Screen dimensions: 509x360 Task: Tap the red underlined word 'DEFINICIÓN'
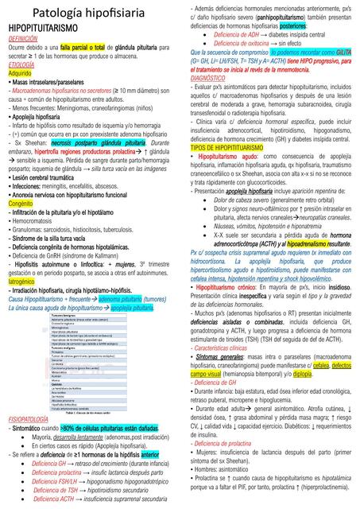pyautogui.click(x=23, y=37)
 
